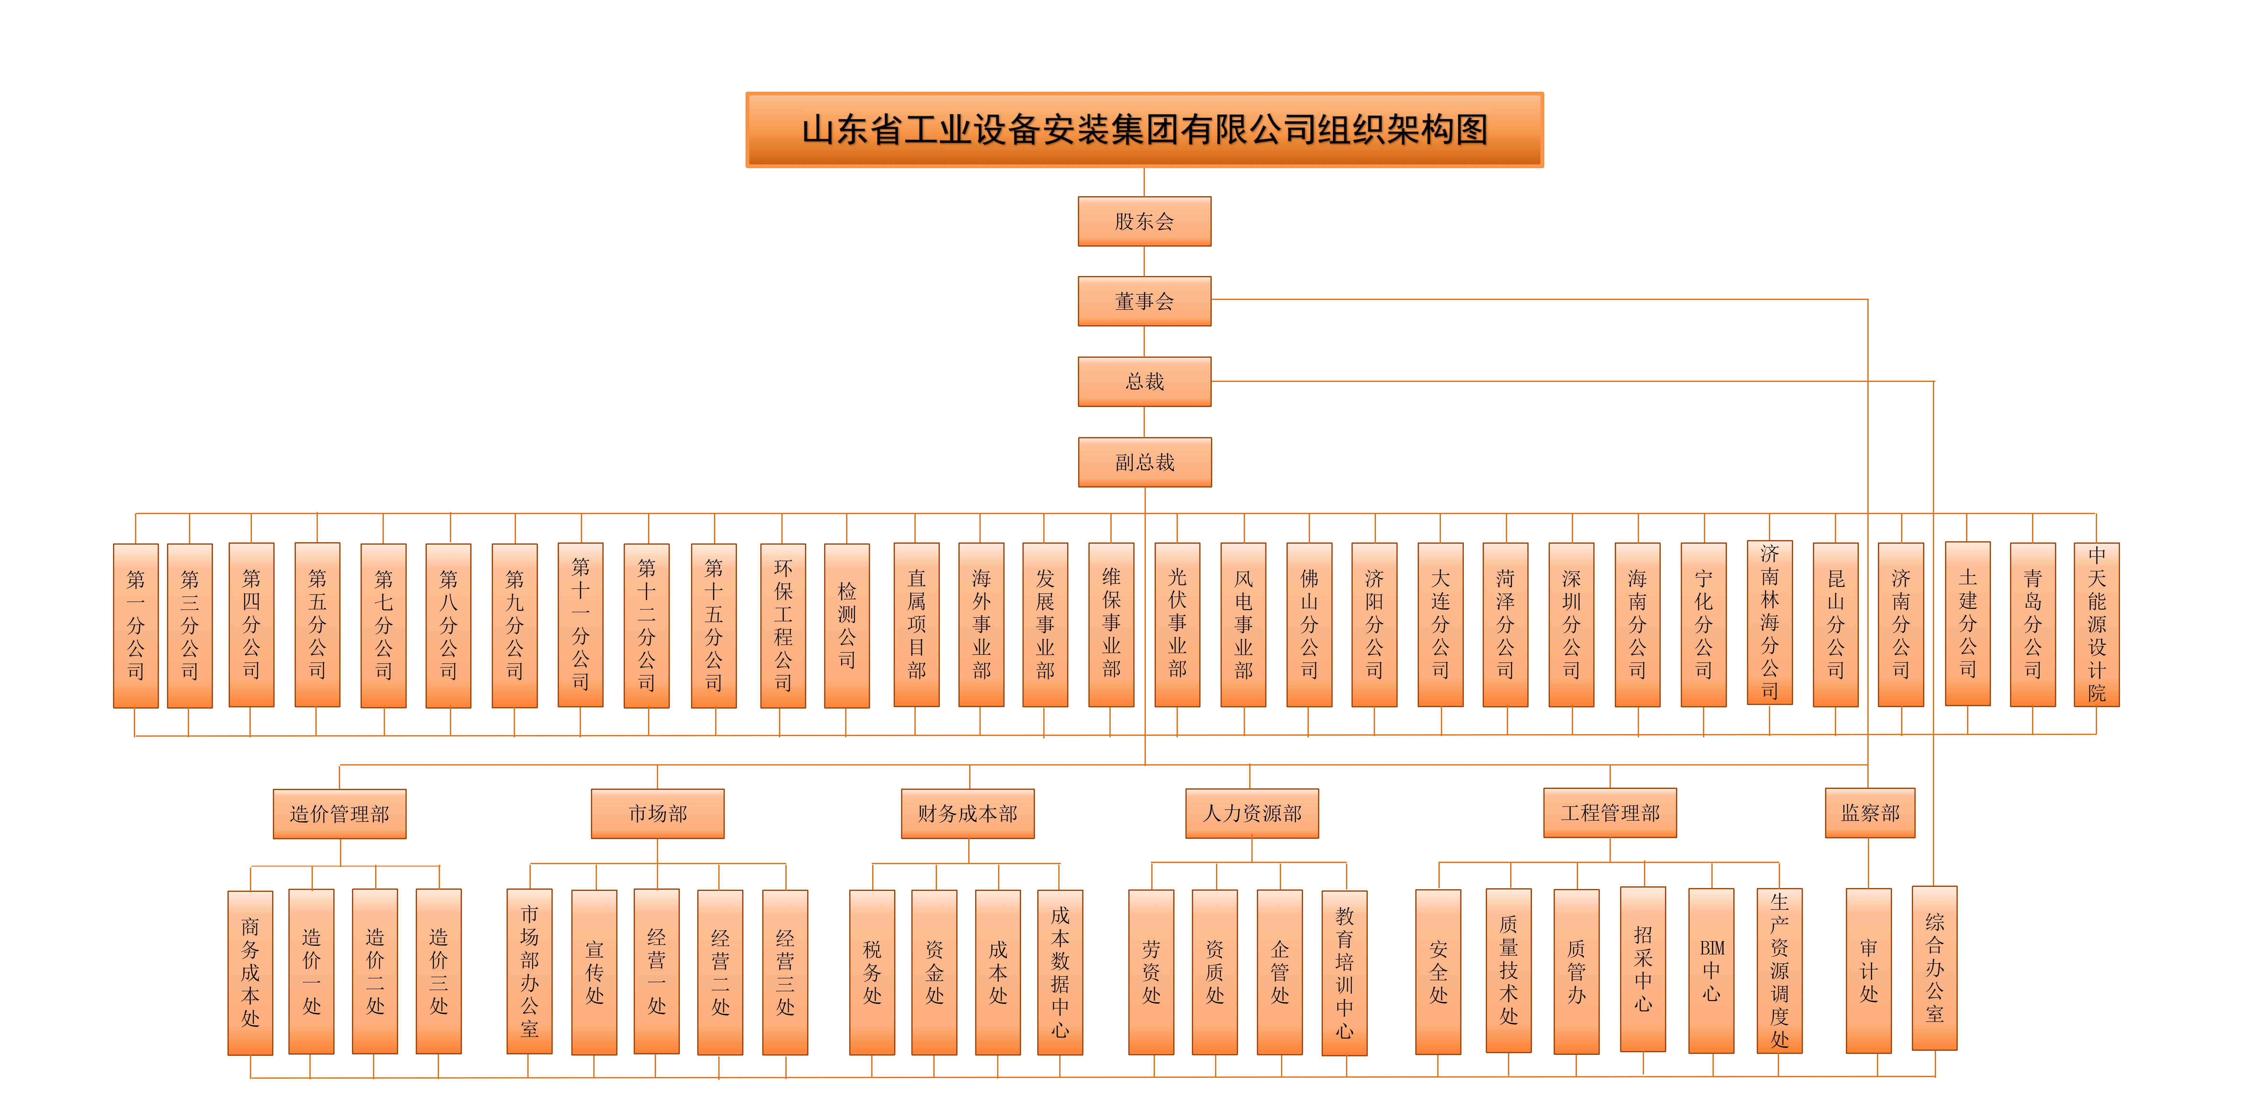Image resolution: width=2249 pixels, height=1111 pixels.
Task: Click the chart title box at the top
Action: (1145, 129)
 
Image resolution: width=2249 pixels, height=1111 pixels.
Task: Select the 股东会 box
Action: (1145, 221)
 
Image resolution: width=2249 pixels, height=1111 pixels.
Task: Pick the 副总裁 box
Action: (1145, 462)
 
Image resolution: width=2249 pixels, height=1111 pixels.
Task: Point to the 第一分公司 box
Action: (135, 625)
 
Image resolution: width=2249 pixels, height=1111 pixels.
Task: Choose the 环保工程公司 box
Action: (783, 625)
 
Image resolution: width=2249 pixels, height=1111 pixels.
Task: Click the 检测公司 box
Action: (847, 625)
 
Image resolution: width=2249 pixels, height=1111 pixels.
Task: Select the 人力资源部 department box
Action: (1252, 813)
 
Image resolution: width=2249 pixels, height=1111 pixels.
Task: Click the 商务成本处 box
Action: (251, 972)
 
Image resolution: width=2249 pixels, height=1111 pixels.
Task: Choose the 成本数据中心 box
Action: (1060, 972)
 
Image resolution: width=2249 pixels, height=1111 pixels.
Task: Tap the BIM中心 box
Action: (1711, 970)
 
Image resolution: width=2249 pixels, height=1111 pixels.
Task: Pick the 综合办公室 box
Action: (1935, 968)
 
